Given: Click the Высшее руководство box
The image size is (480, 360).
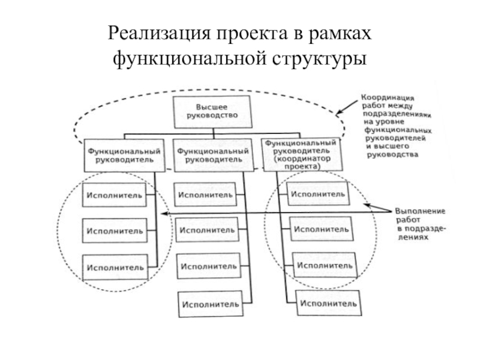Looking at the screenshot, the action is (213, 112).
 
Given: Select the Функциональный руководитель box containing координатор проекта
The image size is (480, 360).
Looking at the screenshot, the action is (302, 154).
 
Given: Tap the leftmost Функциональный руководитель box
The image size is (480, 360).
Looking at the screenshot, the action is (124, 155).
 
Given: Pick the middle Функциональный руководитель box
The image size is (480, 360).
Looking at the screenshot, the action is (214, 155).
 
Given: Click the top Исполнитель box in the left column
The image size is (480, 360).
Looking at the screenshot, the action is (114, 195).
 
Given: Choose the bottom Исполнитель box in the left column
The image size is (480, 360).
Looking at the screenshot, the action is (115, 267).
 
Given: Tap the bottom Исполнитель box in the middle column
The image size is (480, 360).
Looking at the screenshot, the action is (211, 304).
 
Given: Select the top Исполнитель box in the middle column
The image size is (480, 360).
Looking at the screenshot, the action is (205, 194).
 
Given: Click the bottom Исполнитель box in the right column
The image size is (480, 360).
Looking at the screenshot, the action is (329, 303).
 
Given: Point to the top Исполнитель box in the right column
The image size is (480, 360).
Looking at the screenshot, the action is (318, 194).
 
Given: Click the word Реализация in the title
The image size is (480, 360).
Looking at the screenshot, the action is (160, 34).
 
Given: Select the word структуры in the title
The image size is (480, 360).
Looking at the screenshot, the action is (319, 59).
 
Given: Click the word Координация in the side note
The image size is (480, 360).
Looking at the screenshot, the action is (388, 98).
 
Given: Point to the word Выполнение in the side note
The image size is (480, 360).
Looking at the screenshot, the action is (420, 211).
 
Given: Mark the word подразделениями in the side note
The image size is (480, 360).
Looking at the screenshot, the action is (397, 114).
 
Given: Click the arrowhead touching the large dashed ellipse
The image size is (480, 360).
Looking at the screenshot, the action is (339, 112).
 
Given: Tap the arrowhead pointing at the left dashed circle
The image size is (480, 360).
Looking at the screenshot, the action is (164, 214).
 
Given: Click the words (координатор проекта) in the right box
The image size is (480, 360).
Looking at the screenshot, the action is (302, 163).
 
